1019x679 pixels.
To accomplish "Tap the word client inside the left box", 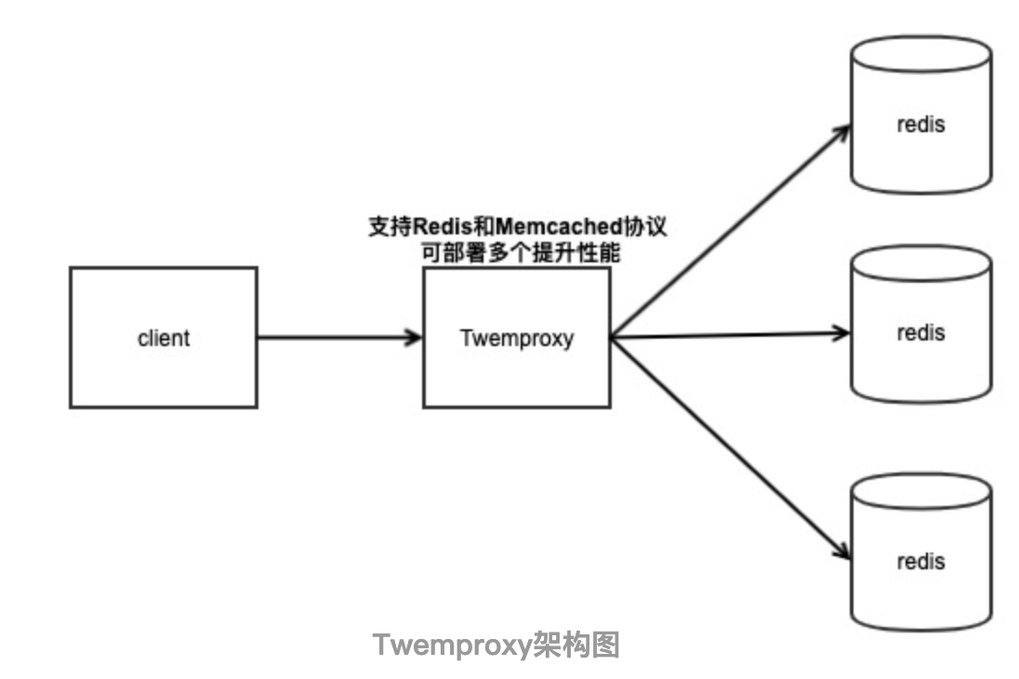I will [x=164, y=338].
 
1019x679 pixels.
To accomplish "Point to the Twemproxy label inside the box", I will [x=517, y=338].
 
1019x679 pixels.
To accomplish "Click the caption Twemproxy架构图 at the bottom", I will [x=496, y=645].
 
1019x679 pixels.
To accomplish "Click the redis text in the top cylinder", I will [x=920, y=124].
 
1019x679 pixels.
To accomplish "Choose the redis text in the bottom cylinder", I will [x=920, y=561].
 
